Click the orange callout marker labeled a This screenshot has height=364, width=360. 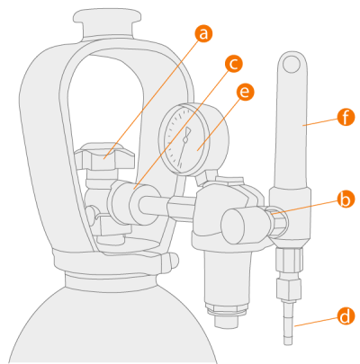[203, 33]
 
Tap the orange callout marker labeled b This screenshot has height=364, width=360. [346, 200]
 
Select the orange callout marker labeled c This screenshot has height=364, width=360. [233, 64]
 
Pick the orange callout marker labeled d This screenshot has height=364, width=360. [346, 316]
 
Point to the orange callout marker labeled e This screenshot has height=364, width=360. [245, 92]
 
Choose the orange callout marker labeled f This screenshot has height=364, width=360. [346, 117]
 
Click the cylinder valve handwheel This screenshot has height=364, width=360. [103, 156]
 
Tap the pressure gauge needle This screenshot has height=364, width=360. [184, 146]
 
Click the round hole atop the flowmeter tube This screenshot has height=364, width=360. [292, 64]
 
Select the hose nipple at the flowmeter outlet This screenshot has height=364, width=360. [288, 324]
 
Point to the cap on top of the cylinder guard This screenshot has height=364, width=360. [107, 23]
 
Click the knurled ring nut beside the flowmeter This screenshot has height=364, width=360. [277, 222]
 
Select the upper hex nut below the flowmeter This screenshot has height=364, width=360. [289, 261]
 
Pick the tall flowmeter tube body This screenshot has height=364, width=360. [292, 120]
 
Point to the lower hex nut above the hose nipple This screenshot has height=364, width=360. [288, 289]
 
